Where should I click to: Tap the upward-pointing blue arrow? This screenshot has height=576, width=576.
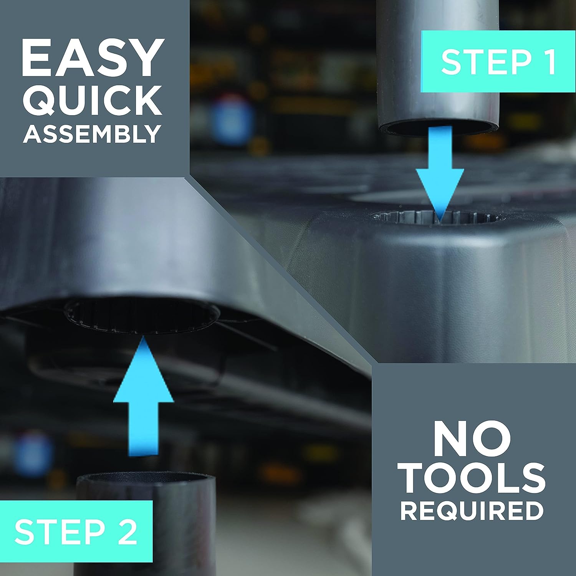pyautogui.click(x=143, y=396)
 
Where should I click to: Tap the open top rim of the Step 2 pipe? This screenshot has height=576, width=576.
pyautogui.click(x=146, y=480)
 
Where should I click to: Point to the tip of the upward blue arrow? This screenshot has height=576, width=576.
pyautogui.click(x=143, y=336)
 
